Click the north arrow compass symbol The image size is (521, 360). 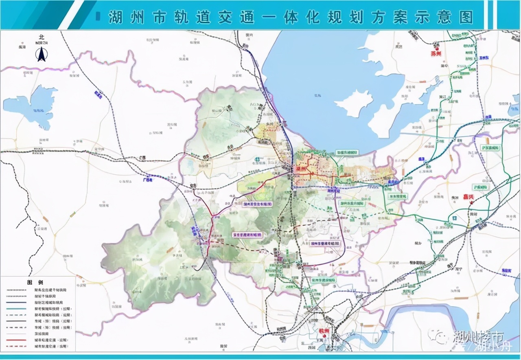(42, 54)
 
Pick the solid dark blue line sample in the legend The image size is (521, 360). (16, 303)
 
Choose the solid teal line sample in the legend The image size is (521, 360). (16, 309)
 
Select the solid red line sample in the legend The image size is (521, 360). (16, 340)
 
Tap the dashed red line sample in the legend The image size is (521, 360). (16, 346)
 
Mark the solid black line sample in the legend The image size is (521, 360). (16, 321)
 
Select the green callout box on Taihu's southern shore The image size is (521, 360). (347, 152)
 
